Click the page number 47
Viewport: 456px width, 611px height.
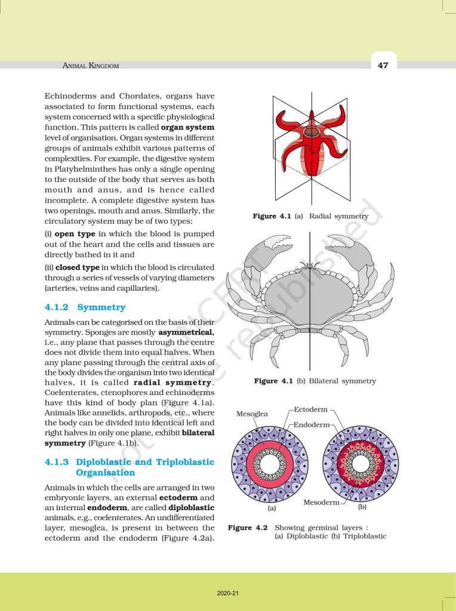[383, 65]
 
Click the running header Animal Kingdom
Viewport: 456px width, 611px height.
[91, 66]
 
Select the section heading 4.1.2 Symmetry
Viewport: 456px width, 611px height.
[85, 308]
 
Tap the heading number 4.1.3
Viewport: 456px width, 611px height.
[57, 462]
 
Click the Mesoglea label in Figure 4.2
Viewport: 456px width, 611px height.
[252, 413]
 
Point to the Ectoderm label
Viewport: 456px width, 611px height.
[310, 410]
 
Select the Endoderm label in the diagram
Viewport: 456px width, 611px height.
[312, 424]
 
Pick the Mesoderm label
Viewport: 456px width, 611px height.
[321, 502]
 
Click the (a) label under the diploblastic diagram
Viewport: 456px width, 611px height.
[271, 509]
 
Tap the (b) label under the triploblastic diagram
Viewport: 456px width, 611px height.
[362, 507]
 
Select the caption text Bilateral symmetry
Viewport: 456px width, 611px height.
[341, 381]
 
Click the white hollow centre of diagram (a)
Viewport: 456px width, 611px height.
[270, 464]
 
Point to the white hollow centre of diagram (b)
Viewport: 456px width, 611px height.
[360, 464]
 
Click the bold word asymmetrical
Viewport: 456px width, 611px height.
[186, 331]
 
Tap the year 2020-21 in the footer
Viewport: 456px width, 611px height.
[227, 594]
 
